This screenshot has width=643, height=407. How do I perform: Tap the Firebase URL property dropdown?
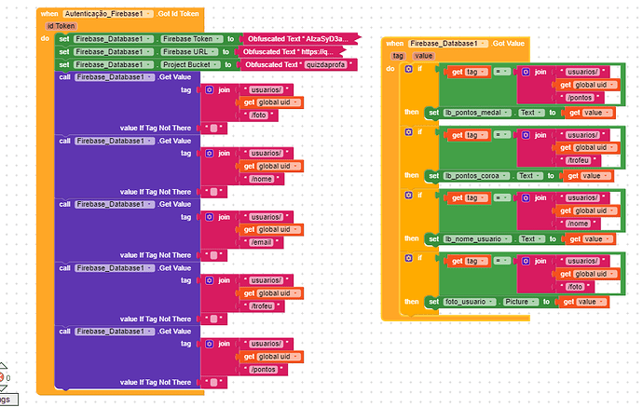[x=187, y=51]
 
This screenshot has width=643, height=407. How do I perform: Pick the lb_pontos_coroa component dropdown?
[x=479, y=175]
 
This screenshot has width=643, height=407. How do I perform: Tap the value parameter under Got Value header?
[x=424, y=56]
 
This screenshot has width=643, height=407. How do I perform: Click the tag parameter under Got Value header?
[x=398, y=56]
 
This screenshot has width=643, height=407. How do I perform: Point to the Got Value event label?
[x=509, y=43]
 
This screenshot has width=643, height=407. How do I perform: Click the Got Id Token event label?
[x=179, y=13]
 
